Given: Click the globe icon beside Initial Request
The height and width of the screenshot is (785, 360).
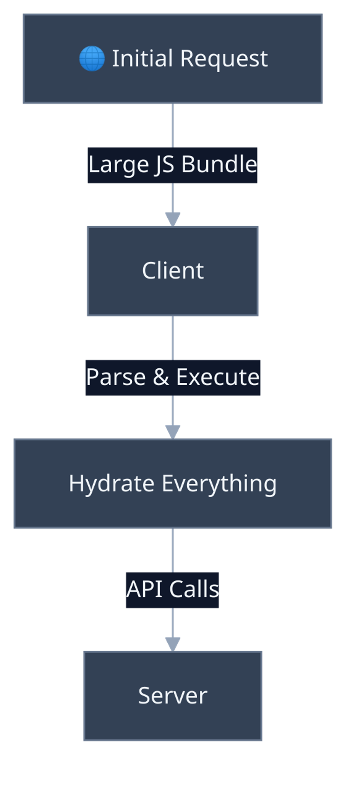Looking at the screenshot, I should [x=92, y=59].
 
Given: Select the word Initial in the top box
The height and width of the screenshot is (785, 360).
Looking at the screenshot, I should [x=142, y=58].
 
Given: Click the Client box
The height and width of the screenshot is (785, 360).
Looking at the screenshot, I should [x=173, y=271].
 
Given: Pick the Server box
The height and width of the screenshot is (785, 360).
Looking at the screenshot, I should [x=173, y=696].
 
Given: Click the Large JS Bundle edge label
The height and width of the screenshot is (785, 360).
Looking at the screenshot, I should [x=173, y=165].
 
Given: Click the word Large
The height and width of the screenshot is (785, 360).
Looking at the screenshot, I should [x=119, y=165].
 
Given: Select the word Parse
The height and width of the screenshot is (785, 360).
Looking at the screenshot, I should [x=115, y=377].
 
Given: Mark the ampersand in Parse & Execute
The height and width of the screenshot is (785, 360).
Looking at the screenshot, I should [x=161, y=377].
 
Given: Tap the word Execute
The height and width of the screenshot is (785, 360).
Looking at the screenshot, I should [x=218, y=377].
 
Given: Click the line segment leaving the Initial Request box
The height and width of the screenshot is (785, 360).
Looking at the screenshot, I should [x=173, y=125].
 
